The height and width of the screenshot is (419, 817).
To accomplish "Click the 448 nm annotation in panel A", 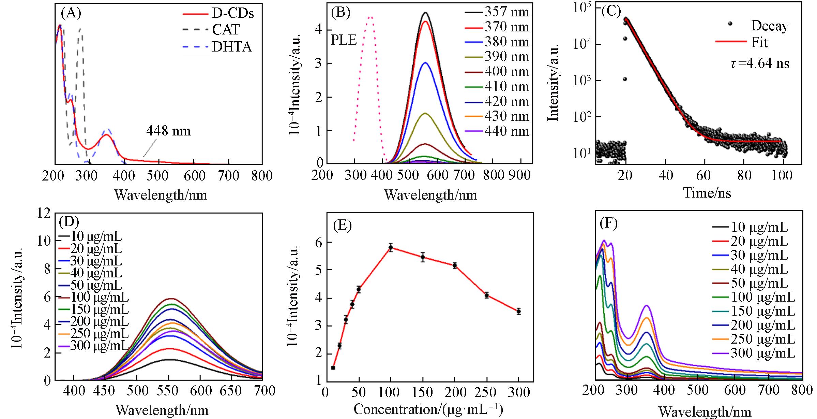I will (168, 131).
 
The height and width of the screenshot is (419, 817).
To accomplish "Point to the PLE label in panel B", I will (344, 41).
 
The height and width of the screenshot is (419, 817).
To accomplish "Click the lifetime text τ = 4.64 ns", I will (760, 64).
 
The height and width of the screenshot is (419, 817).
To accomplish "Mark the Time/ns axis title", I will (707, 193).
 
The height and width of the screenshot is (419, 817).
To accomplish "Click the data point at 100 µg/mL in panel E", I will (391, 247).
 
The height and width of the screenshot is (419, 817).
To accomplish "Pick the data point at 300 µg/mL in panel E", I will (519, 311).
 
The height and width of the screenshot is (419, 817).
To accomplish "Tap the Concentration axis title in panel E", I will (428, 409).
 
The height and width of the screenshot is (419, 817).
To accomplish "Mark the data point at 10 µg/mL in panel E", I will (333, 368).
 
